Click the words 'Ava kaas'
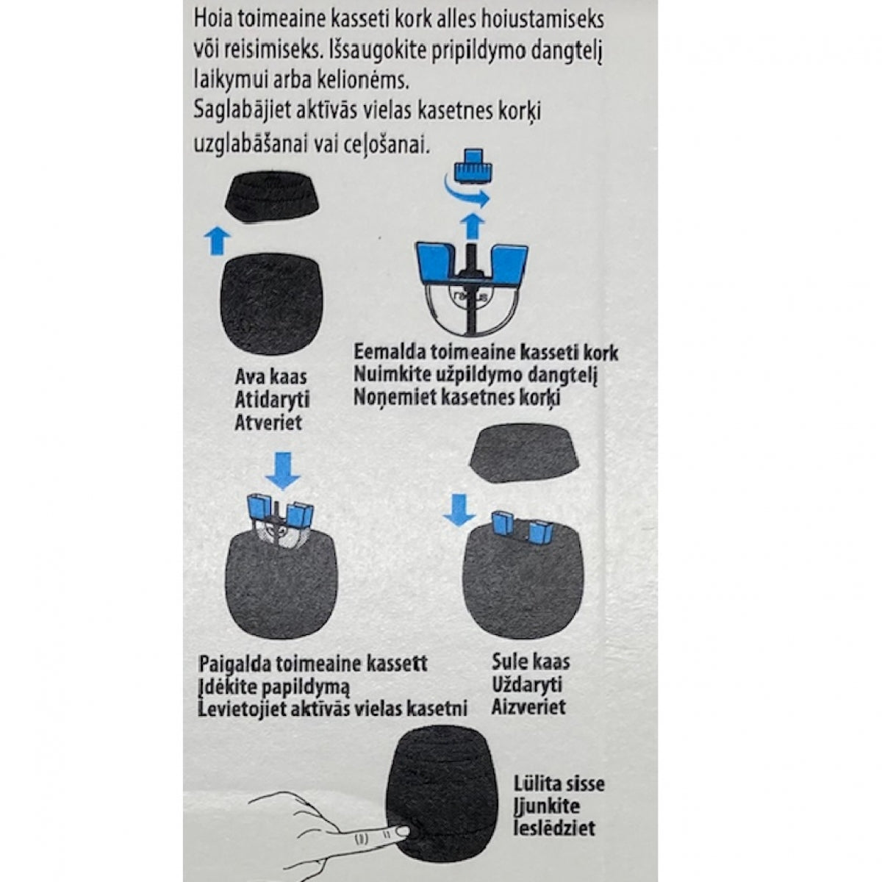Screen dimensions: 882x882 pyautogui.click(x=270, y=377)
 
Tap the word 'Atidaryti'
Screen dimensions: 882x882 pyautogui.click(x=272, y=400)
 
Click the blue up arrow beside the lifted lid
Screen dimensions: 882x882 pyautogui.click(x=216, y=240)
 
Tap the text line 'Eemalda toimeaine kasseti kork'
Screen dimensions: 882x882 pyautogui.click(x=486, y=352)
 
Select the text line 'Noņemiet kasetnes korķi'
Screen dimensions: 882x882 pyautogui.click(x=456, y=398)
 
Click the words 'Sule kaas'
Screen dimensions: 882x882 pyautogui.click(x=531, y=661)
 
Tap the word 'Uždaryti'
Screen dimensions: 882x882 pyautogui.click(x=527, y=684)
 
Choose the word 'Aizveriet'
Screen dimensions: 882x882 pyautogui.click(x=529, y=707)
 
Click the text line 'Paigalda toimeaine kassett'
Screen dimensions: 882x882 pyautogui.click(x=313, y=664)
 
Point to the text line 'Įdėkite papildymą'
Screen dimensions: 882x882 pyautogui.click(x=274, y=686)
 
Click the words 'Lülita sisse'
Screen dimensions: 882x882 pyautogui.click(x=560, y=784)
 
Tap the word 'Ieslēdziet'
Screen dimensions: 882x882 pyautogui.click(x=555, y=829)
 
